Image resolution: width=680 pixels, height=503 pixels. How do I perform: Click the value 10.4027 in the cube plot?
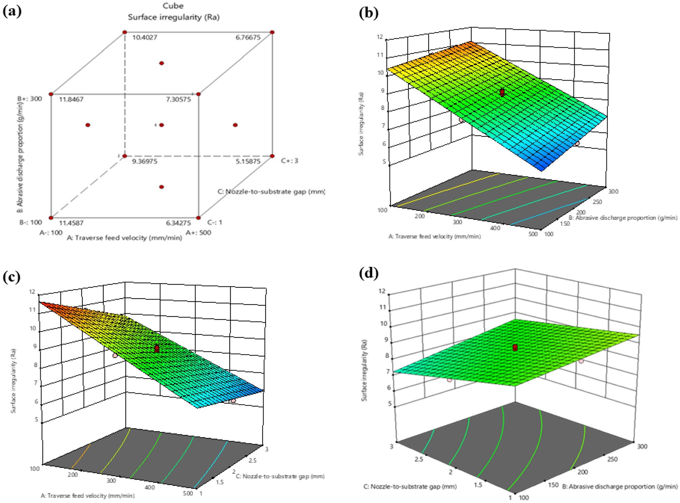[x=144, y=37]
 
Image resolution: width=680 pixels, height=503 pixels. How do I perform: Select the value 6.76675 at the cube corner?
[x=248, y=37]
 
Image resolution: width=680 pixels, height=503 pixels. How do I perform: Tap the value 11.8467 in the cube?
[x=71, y=100]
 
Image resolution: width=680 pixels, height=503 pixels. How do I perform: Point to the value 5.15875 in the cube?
[x=248, y=161]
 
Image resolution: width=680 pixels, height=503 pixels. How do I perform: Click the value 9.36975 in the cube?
[x=144, y=161]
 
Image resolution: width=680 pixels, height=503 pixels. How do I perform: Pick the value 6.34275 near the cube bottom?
[x=178, y=223]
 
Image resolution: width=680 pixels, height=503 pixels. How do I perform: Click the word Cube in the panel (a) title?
[x=173, y=6]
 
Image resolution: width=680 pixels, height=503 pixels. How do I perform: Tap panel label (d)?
[x=368, y=273]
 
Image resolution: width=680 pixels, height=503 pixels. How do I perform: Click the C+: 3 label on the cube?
[x=289, y=161]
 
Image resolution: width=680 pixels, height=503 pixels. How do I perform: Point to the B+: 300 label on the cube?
[x=30, y=99]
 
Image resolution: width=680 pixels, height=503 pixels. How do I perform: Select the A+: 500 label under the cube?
[x=198, y=233]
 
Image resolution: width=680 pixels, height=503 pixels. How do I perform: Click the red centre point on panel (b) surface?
[x=502, y=92]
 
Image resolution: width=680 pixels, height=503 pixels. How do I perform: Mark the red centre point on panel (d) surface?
[x=515, y=347]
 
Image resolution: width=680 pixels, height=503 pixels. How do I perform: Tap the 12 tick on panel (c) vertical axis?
[x=32, y=291]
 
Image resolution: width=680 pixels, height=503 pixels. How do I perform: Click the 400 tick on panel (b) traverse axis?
[x=495, y=228]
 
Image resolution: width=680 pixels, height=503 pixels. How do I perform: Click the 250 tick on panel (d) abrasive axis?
[x=613, y=459]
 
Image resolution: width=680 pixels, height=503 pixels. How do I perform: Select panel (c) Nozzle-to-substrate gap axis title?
[x=280, y=476]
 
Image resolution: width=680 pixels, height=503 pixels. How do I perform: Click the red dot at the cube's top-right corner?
[x=272, y=32]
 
